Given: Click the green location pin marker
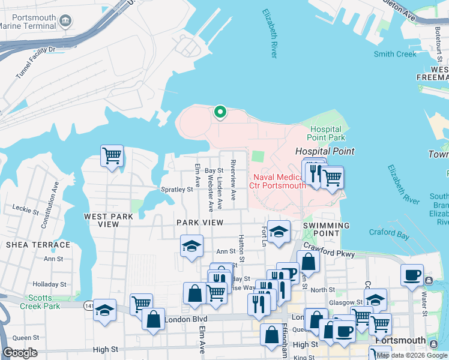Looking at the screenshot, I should click(220, 112).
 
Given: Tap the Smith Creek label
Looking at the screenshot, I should click(394, 54).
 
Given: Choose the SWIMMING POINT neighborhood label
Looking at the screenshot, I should click(326, 226).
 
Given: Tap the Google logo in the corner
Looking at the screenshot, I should click(20, 353).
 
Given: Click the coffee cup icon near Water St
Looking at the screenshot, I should click(412, 275).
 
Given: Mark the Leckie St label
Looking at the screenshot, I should click(25, 208).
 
